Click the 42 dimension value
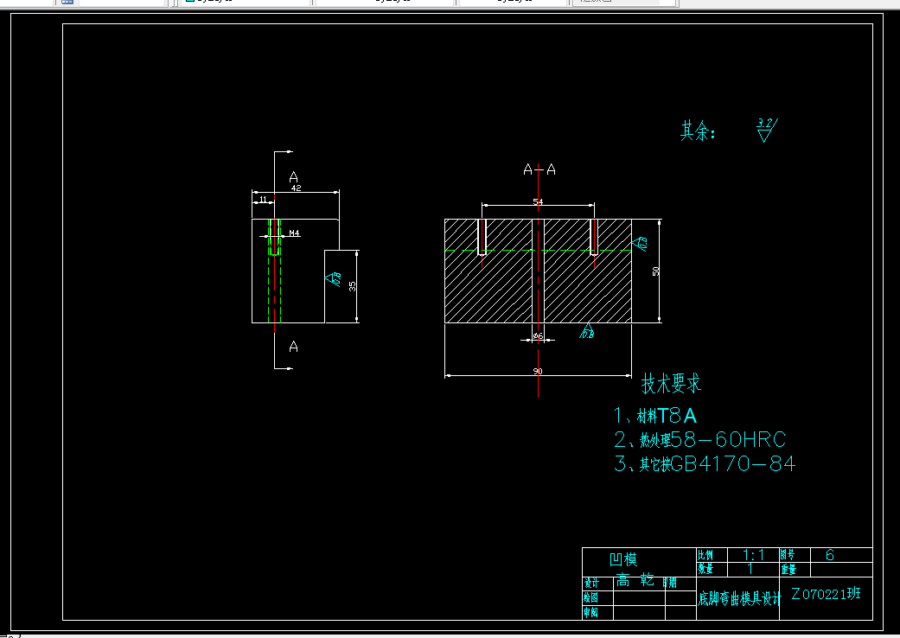[x=296, y=188]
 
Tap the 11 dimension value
[x=262, y=200]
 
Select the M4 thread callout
[x=294, y=233]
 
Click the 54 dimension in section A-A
[x=538, y=201]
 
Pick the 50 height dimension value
[x=656, y=271]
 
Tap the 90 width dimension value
[x=538, y=371]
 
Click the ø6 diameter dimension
[x=537, y=335]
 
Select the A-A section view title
[x=539, y=169]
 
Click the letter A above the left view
[x=294, y=175]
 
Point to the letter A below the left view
[x=294, y=347]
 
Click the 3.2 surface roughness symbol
[x=766, y=130]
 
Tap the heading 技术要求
[x=671, y=383]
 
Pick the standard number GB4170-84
[x=733, y=464]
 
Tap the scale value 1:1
[x=753, y=554]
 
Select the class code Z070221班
[x=826, y=595]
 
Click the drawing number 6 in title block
[x=830, y=555]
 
